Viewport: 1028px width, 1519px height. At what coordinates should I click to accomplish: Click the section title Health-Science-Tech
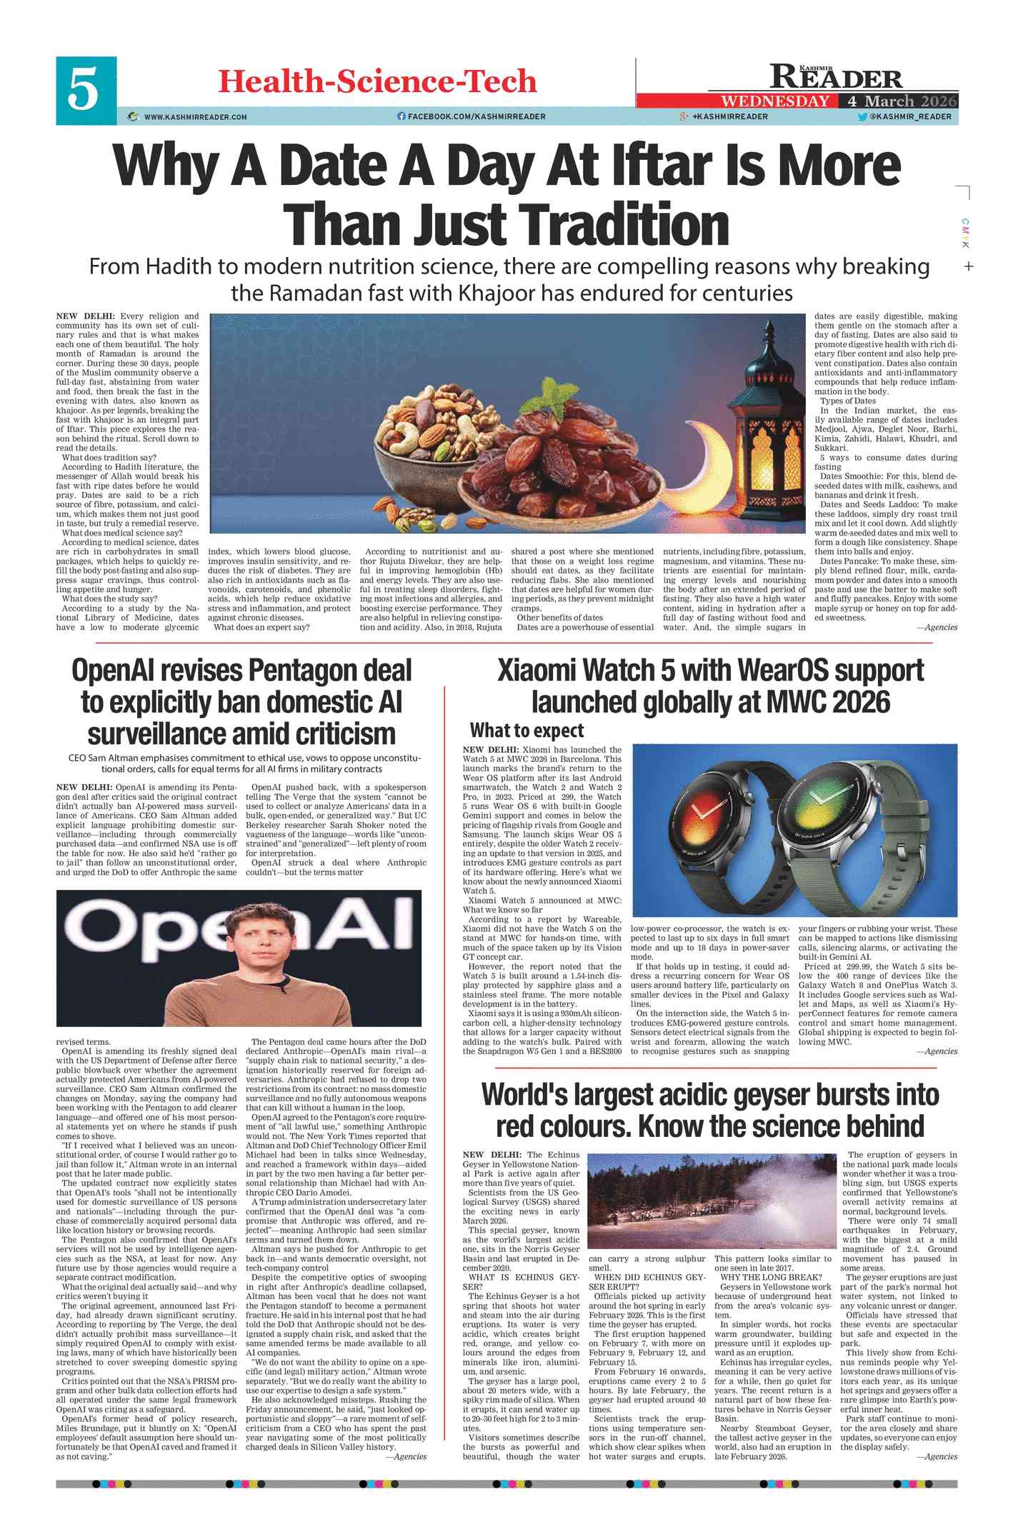coord(377,81)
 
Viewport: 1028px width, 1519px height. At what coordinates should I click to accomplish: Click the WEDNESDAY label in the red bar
coord(775,101)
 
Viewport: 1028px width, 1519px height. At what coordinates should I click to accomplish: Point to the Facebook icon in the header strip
coord(401,116)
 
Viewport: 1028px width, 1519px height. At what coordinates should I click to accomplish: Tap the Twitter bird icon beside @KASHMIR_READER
coord(862,116)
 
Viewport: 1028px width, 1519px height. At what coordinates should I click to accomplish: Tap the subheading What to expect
coord(527,731)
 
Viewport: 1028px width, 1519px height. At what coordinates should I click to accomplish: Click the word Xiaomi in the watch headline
coord(542,671)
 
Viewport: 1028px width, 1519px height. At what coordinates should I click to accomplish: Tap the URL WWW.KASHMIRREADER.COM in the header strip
coord(195,117)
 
